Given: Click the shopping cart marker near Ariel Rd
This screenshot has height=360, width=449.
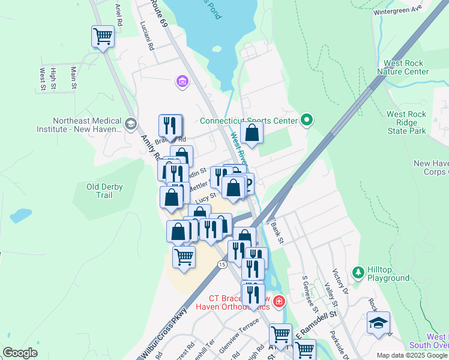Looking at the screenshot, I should point(103,37).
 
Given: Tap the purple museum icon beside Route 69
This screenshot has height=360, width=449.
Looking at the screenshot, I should point(182,81).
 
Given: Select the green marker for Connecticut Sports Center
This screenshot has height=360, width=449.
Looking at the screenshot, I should point(307,120).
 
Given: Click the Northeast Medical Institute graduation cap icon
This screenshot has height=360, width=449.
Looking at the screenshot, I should point(130,124).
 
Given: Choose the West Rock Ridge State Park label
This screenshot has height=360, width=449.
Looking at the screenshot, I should point(406,122).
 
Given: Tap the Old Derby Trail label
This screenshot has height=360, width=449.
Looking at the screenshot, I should point(104,191).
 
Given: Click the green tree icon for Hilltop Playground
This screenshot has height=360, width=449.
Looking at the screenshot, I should point(358,273).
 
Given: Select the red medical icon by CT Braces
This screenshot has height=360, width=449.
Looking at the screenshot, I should point(278,300).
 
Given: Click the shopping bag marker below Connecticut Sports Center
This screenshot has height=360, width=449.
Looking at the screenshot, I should point(252,133).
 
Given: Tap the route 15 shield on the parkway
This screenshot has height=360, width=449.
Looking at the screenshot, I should point(222,265).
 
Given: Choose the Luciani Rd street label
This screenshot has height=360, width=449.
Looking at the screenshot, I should point(146,36).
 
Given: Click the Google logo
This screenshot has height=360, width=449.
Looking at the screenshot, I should point(20,353).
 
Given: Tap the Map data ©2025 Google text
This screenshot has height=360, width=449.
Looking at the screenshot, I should point(411,355).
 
